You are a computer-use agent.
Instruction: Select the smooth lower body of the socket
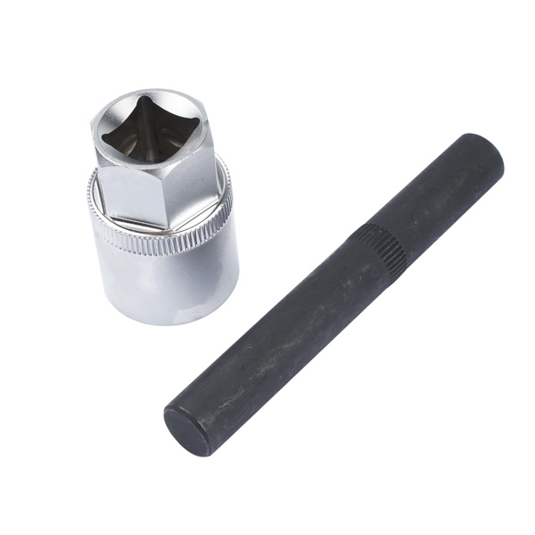pyautogui.click(x=165, y=285)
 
